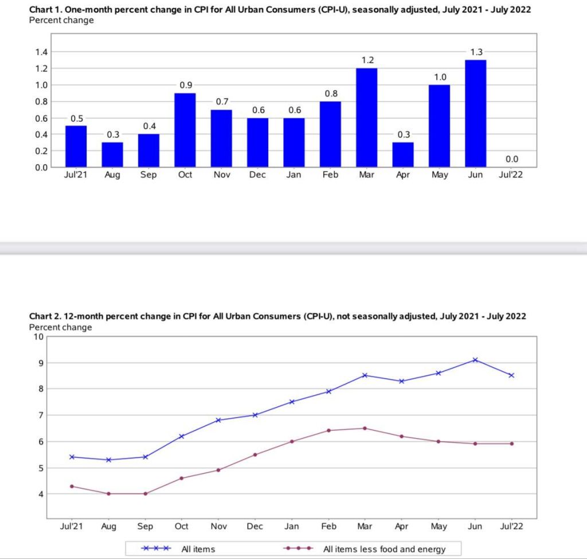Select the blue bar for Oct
click(x=185, y=130)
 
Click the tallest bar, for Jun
click(x=475, y=114)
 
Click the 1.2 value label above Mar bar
click(x=366, y=60)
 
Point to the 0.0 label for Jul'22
click(x=512, y=159)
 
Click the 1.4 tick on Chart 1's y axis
click(x=42, y=52)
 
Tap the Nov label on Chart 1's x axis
click(x=221, y=175)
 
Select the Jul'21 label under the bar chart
click(x=76, y=175)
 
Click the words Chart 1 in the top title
click(x=46, y=10)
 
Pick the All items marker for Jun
click(x=475, y=360)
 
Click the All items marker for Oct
click(x=182, y=436)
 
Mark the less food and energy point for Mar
click(x=365, y=428)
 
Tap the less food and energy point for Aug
click(x=108, y=494)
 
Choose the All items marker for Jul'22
click(x=511, y=376)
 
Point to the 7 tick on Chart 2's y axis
click(x=40, y=415)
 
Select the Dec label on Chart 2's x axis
click(x=255, y=526)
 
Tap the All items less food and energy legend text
click(x=384, y=549)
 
